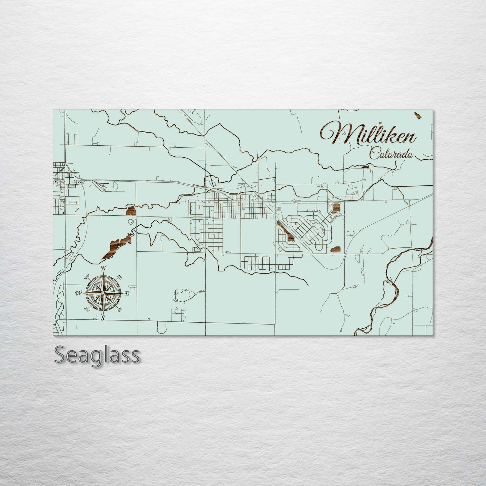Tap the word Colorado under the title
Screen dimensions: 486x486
(391, 155)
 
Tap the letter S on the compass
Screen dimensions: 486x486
(103, 318)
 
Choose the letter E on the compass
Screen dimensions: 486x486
(127, 293)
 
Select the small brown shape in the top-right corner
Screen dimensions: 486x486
(419, 115)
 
